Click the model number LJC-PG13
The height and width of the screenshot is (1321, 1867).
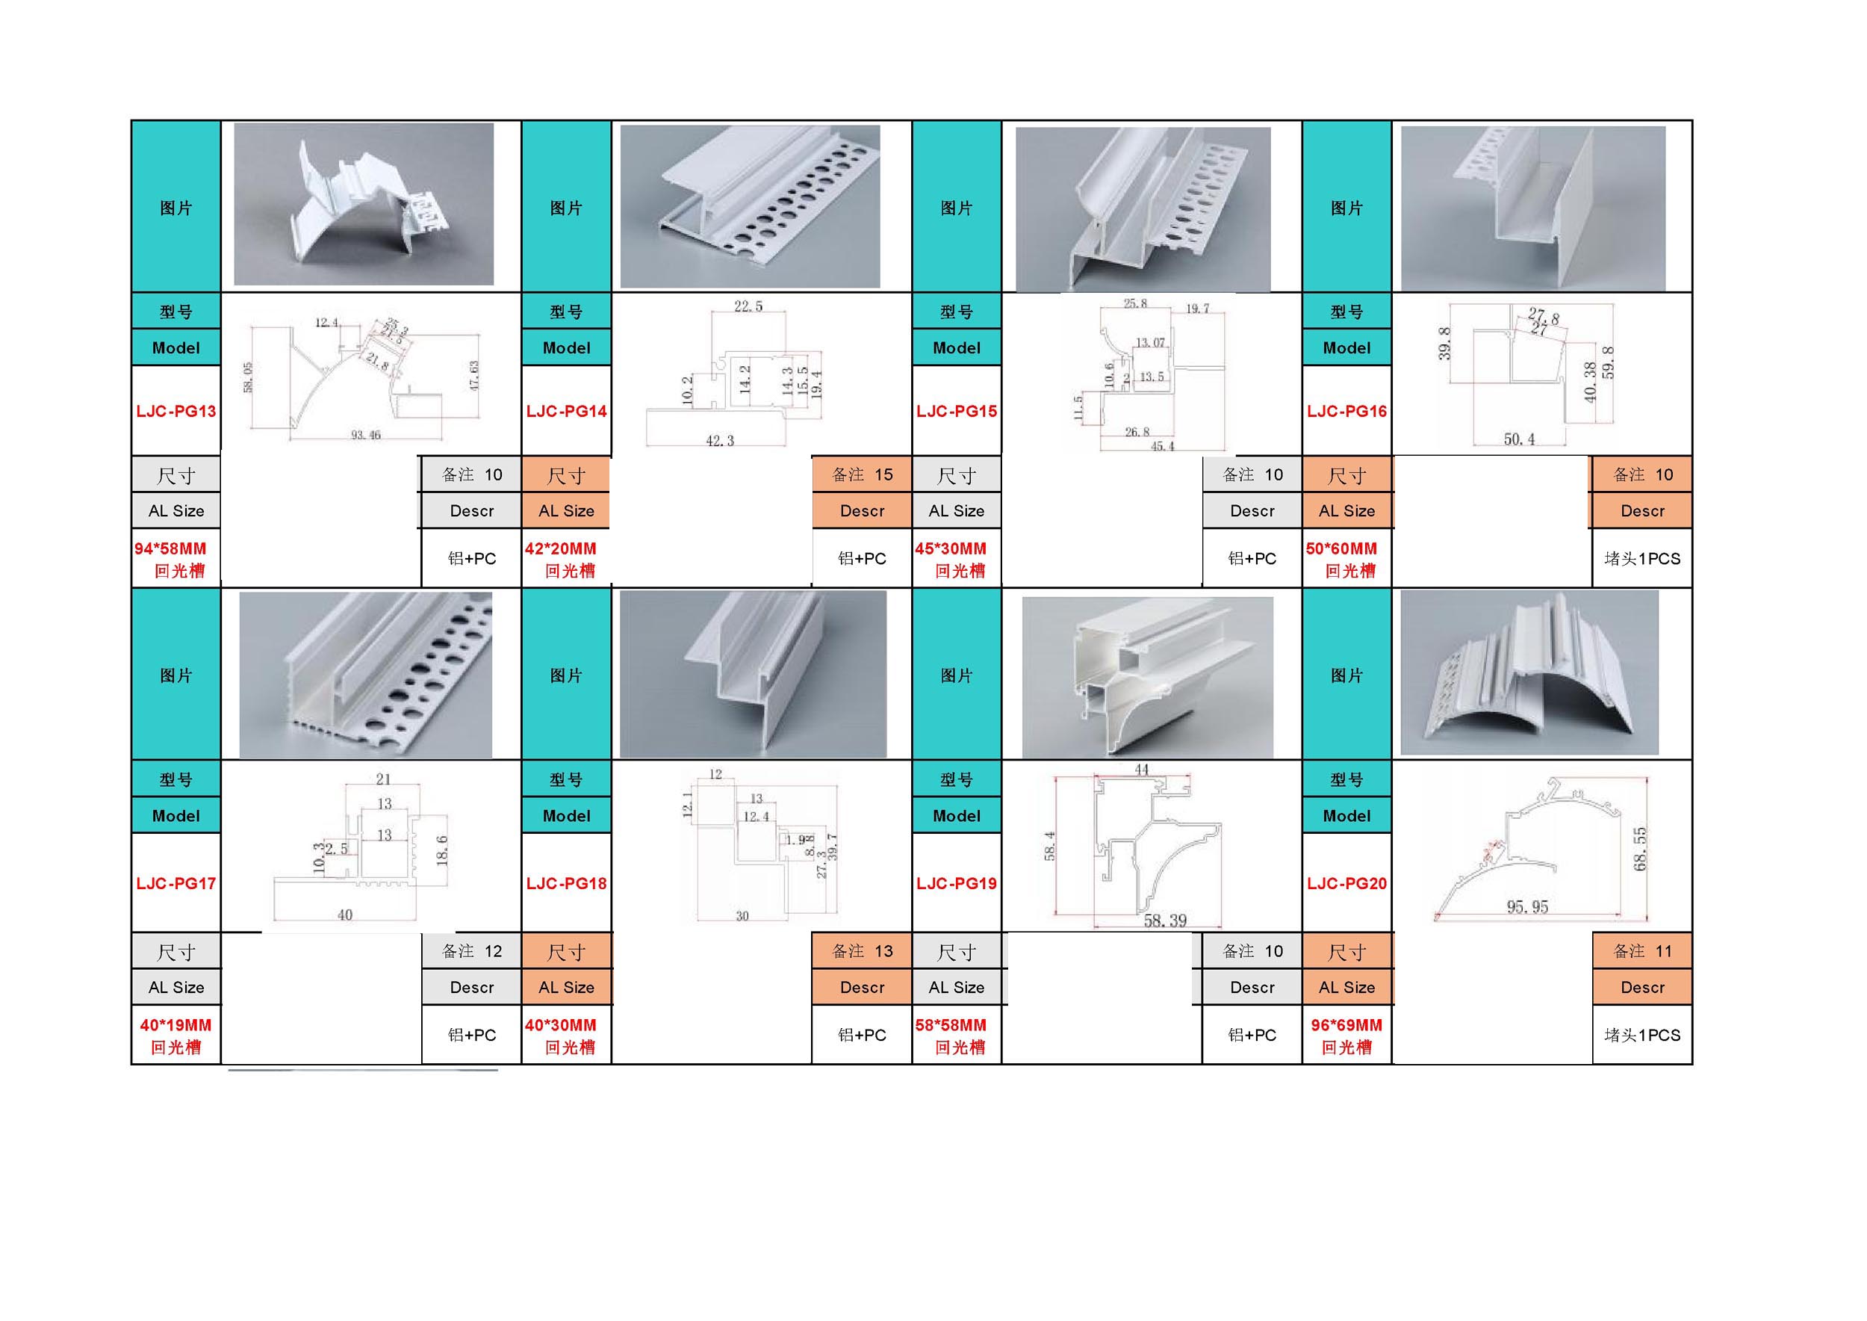pyautogui.click(x=175, y=411)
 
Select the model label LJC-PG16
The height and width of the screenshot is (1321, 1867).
pyautogui.click(x=1346, y=411)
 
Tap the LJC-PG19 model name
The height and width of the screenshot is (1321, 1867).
pyautogui.click(x=956, y=883)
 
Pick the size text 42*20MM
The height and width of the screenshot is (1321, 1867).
pyautogui.click(x=560, y=549)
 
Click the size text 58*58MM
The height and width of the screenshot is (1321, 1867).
pyautogui.click(x=951, y=1025)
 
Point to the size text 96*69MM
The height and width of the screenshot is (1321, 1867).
pyautogui.click(x=1346, y=1025)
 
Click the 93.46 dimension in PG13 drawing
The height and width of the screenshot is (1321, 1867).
pyautogui.click(x=366, y=435)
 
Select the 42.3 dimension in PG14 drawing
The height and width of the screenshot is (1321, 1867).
pyautogui.click(x=720, y=441)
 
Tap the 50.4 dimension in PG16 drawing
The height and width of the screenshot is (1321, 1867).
pyautogui.click(x=1519, y=439)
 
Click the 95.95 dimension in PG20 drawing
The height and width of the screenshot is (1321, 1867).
pyautogui.click(x=1527, y=907)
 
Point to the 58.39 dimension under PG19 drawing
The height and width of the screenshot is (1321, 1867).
pyautogui.click(x=1164, y=921)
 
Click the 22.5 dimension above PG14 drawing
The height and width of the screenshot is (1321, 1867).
pyautogui.click(x=748, y=306)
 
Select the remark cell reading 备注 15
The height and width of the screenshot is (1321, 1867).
pyautogui.click(x=862, y=474)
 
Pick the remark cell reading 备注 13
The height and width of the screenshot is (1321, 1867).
pyautogui.click(x=862, y=951)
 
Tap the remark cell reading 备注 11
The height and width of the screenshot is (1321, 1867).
pyautogui.click(x=1642, y=951)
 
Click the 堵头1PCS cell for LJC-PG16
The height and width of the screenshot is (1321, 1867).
pyautogui.click(x=1641, y=559)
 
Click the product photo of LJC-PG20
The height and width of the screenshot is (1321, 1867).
pyautogui.click(x=1529, y=673)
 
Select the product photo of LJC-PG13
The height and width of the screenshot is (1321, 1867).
pyautogui.click(x=364, y=204)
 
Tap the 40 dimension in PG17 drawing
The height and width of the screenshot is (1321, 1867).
pyautogui.click(x=345, y=915)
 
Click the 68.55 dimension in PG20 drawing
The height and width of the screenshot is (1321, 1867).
pyautogui.click(x=1640, y=848)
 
